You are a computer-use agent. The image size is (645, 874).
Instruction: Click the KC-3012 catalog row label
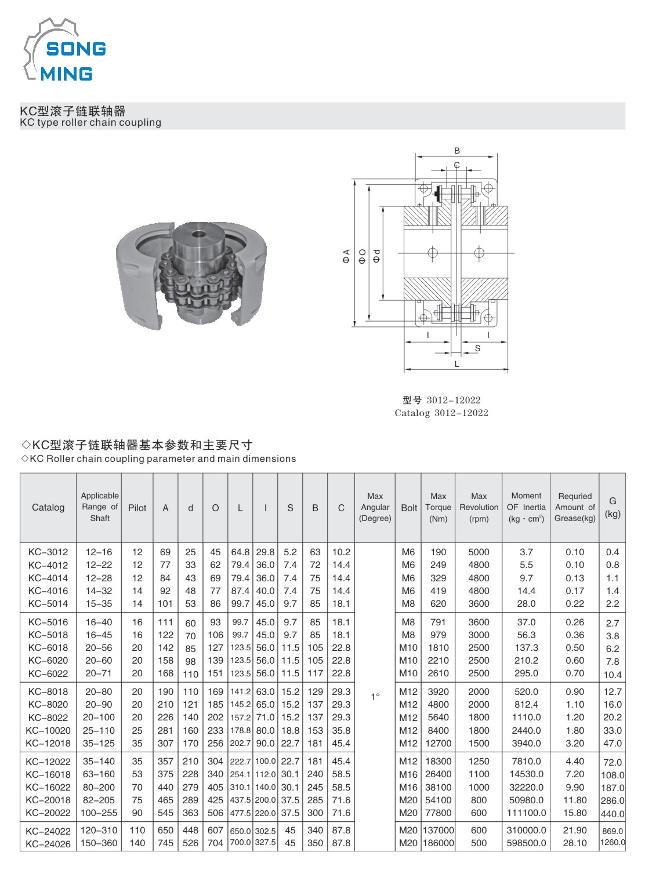point(48,552)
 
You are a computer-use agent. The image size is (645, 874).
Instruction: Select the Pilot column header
point(137,508)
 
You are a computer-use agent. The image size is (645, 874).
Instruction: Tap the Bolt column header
point(409,508)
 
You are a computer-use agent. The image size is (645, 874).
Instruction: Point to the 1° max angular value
point(375,697)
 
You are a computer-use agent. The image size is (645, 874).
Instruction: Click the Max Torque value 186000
point(439,843)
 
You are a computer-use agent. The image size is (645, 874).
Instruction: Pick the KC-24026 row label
point(48,843)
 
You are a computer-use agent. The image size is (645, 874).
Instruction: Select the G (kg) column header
point(612,507)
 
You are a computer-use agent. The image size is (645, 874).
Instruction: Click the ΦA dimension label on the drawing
point(347,256)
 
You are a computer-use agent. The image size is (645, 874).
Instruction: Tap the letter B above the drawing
point(457,151)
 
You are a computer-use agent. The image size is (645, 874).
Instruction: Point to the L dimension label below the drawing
point(457,364)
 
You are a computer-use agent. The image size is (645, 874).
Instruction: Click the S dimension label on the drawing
point(477,348)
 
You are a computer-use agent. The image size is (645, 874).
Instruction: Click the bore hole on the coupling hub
point(199,235)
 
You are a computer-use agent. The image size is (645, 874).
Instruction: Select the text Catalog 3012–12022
point(441,413)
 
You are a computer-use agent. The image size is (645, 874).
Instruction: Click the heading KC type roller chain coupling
point(90,122)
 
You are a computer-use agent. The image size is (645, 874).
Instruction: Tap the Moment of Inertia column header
point(526,507)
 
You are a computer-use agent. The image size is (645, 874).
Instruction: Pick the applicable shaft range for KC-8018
point(99,691)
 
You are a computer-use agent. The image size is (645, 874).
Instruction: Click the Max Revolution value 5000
point(479,552)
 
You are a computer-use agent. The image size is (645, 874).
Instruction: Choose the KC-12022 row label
point(48,761)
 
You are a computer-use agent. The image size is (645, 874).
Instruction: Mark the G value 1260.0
point(612,843)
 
